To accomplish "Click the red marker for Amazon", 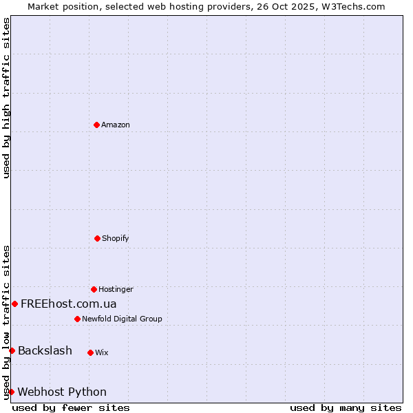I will pos(96,125).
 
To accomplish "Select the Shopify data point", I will pos(97,238).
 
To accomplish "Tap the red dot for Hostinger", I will pos(94,289).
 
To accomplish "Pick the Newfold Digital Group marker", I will pos(77,319).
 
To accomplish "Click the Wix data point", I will pos(90,352).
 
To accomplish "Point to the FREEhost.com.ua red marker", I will pos(14,304).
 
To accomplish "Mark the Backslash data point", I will pos(12,351).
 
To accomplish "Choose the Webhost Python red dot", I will pos(11,392).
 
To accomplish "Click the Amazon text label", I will pos(116,125).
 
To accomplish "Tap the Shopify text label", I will pos(116,239).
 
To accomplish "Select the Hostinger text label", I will pos(116,290).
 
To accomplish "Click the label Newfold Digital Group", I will pos(122,319).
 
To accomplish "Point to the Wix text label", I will pos(102,353).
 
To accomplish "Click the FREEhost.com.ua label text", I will pos(69,304).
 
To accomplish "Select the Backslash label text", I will pos(45,351).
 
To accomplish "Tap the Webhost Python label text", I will pos(62,392).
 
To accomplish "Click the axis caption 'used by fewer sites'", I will pos(71,408).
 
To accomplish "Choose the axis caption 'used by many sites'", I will pos(346,408).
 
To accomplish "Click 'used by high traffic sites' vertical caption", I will pos(6,98).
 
